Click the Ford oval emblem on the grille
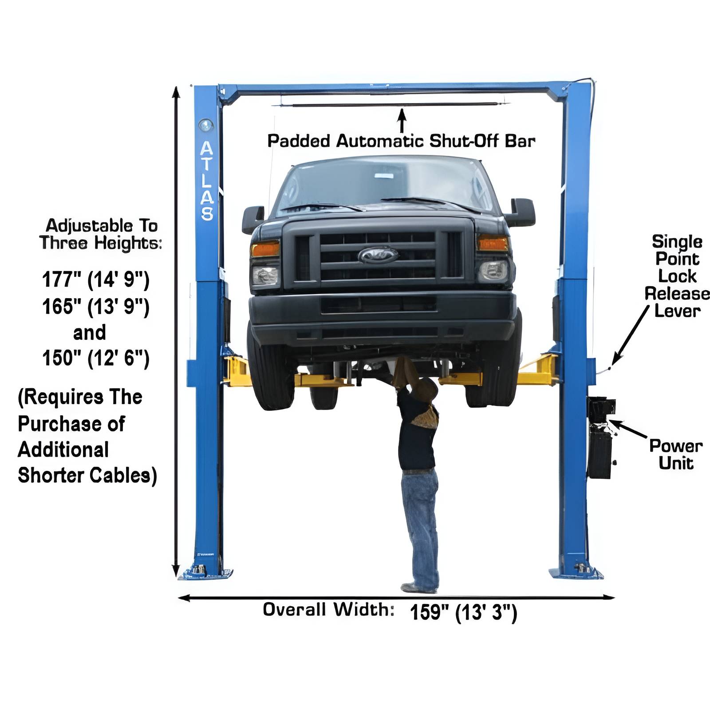pyautogui.click(x=378, y=255)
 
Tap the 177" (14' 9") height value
pyautogui.click(x=96, y=280)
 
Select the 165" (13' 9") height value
pyautogui.click(x=96, y=306)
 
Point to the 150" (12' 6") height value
pyautogui.click(x=96, y=358)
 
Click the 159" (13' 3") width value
pyautogui.click(x=463, y=612)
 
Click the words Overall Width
pyautogui.click(x=328, y=609)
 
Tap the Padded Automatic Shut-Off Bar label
pyautogui.click(x=401, y=141)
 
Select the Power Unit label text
pyautogui.click(x=675, y=454)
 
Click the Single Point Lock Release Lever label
pyautogui.click(x=677, y=276)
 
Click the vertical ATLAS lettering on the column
pyautogui.click(x=207, y=181)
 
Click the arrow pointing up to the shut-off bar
pyautogui.click(x=402, y=121)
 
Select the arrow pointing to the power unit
pyautogui.click(x=629, y=429)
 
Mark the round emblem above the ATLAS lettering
pyautogui.click(x=205, y=125)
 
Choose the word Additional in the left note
pyautogui.click(x=63, y=450)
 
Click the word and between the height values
pyautogui.click(x=90, y=333)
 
